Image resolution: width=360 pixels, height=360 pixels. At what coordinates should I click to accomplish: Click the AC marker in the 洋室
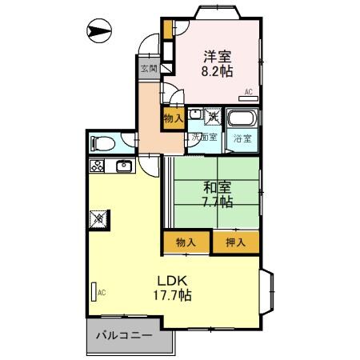[249, 91]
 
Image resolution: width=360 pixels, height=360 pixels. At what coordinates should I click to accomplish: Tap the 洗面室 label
[203, 138]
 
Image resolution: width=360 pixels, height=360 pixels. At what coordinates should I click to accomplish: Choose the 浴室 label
[241, 138]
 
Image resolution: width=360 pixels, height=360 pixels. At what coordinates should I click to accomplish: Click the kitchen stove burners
[97, 167]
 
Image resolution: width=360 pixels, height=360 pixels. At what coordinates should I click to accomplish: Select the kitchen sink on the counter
[124, 166]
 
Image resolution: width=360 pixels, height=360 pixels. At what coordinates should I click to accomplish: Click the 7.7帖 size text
[217, 202]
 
